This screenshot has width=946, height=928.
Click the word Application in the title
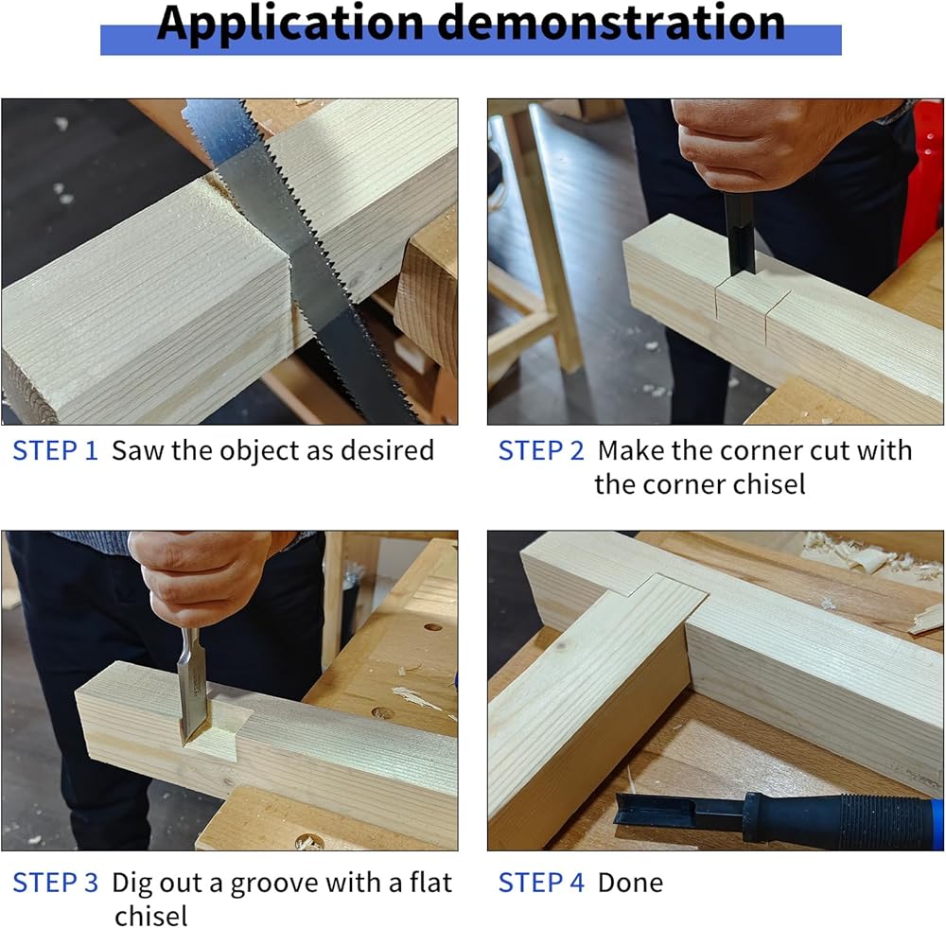click(x=290, y=25)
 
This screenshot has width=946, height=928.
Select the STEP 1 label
click(x=55, y=450)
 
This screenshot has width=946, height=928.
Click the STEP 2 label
click(x=541, y=450)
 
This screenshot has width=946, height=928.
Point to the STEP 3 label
click(x=55, y=883)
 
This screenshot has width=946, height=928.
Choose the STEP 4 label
click(x=541, y=883)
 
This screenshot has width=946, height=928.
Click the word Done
click(x=630, y=883)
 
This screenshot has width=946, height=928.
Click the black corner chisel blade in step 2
click(x=740, y=234)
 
